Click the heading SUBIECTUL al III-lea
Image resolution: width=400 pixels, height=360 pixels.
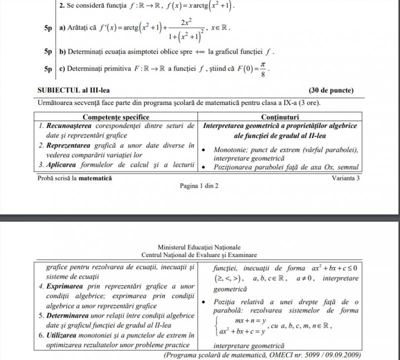73,90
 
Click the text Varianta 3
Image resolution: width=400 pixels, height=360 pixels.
346,177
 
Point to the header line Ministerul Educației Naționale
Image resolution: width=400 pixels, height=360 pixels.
199,247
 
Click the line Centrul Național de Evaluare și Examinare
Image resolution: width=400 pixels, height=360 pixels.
199,254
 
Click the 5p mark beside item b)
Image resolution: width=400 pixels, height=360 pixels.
48,51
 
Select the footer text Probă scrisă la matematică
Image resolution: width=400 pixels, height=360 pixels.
75,177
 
